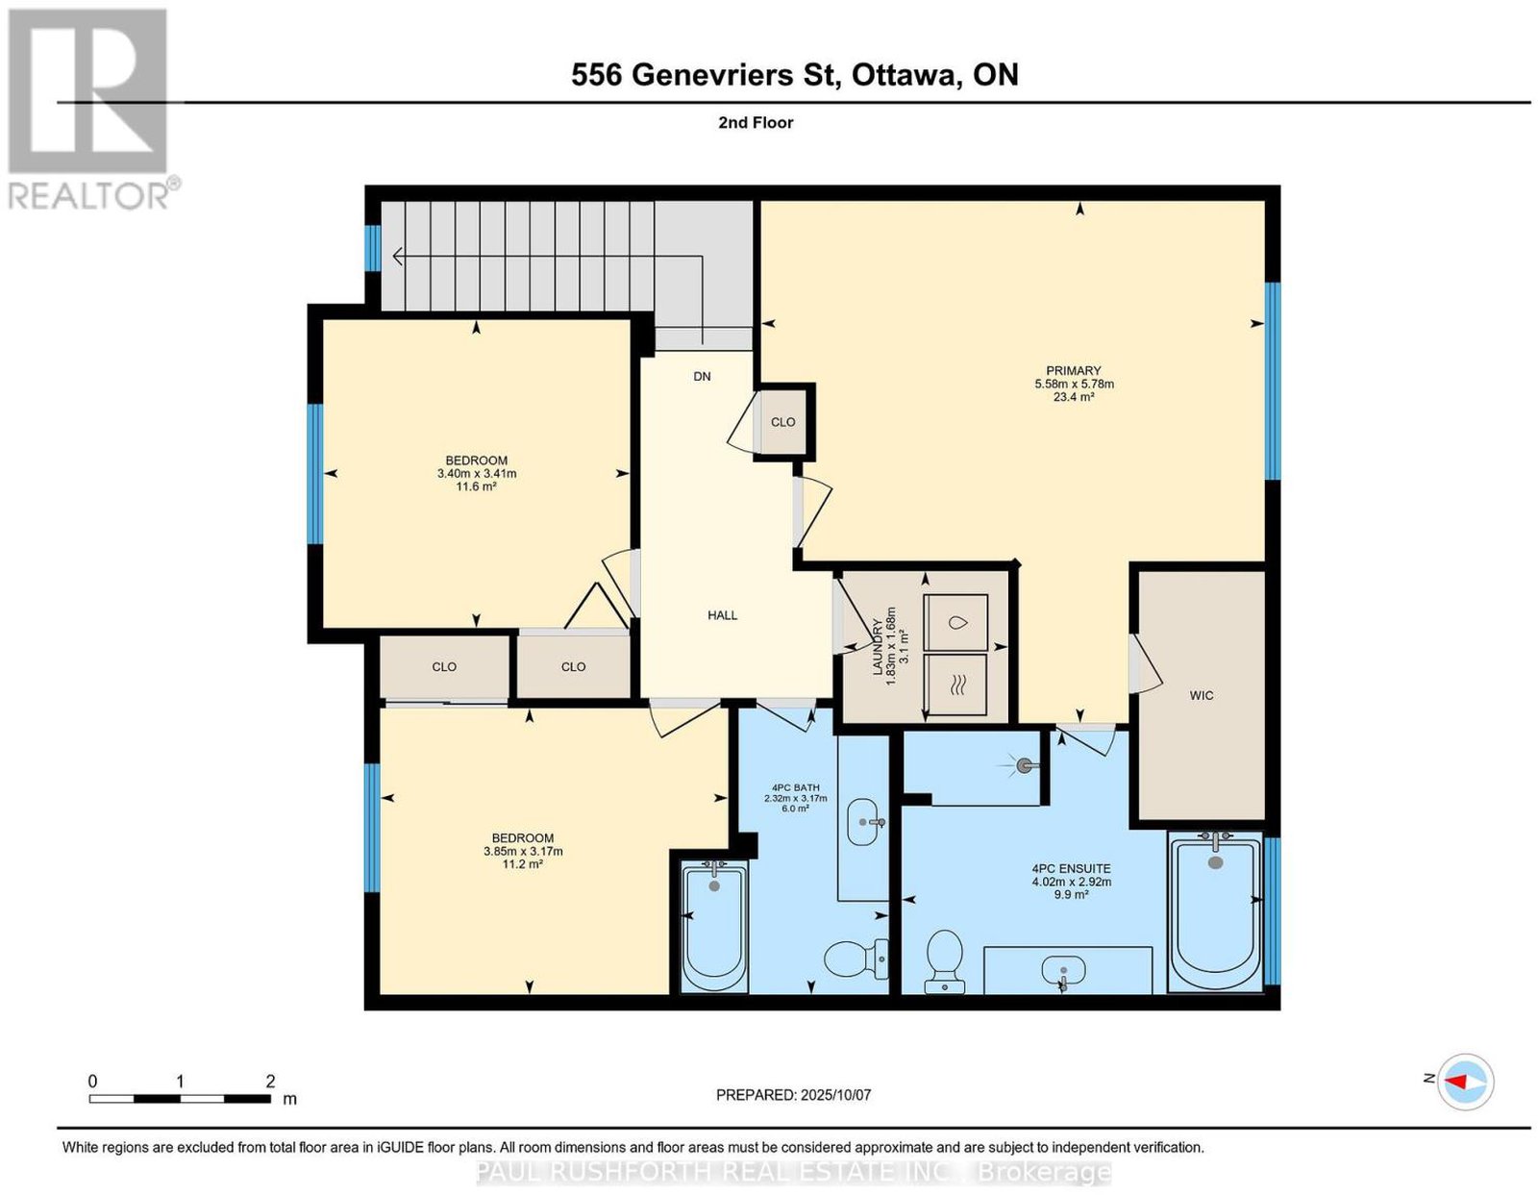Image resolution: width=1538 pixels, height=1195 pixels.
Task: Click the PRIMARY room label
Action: (x=1073, y=370)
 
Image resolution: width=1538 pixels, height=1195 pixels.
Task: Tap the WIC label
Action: (x=1202, y=695)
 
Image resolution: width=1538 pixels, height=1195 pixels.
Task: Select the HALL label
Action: (x=722, y=615)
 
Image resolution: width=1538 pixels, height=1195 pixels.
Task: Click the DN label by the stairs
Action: (x=702, y=377)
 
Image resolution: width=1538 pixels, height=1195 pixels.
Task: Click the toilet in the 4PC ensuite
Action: (x=944, y=961)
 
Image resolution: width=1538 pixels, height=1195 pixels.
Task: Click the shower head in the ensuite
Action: (x=1024, y=765)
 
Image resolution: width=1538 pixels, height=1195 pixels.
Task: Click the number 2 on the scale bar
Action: (x=270, y=1082)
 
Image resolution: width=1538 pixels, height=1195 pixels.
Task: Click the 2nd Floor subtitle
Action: (x=756, y=122)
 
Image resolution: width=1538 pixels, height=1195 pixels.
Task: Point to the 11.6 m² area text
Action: (x=476, y=486)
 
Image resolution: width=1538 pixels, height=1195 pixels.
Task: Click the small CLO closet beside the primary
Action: (x=782, y=422)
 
